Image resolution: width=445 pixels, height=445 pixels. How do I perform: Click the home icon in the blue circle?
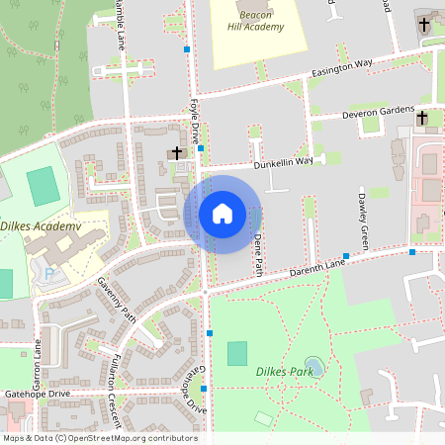pyautogui.click(x=222, y=214)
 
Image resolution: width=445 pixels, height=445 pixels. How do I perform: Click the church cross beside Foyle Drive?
pyautogui.click(x=177, y=152)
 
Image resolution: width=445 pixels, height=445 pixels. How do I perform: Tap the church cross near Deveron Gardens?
pyautogui.click(x=422, y=118)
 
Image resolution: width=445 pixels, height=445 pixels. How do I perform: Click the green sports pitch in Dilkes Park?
pyautogui.click(x=237, y=353)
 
